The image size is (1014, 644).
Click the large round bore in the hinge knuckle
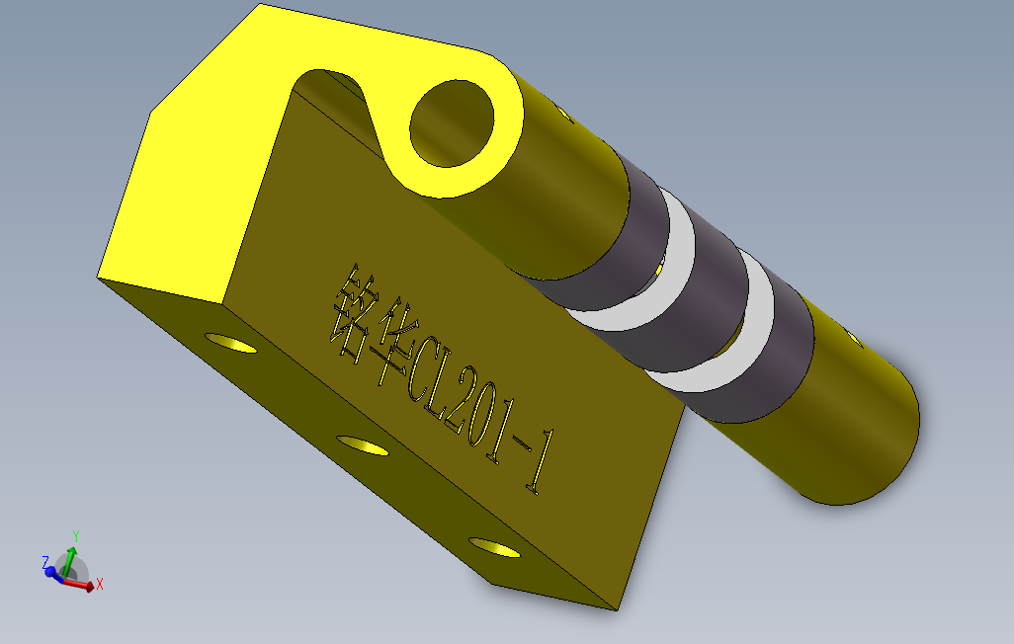pos(452,123)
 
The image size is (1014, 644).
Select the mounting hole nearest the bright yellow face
pos(230,343)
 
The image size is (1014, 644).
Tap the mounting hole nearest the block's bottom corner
pos(494,547)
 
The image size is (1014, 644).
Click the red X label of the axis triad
pos(100,585)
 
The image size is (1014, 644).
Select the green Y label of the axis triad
pos(75,534)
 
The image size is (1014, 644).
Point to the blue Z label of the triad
pos(45,561)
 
